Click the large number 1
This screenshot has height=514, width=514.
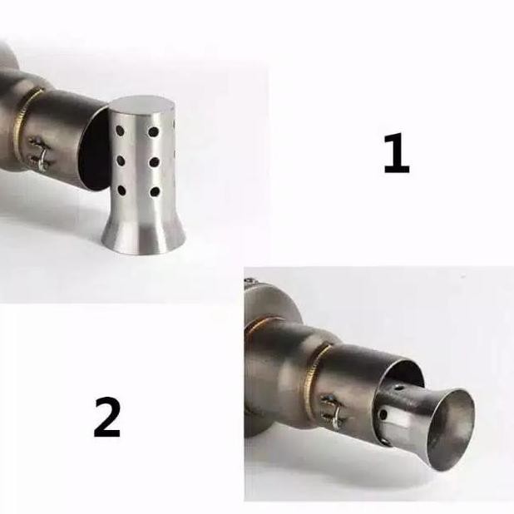click(x=396, y=155)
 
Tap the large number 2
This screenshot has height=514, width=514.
click(x=107, y=418)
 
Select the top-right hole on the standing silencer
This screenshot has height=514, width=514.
click(x=154, y=131)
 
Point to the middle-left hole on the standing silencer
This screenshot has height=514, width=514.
click(x=121, y=161)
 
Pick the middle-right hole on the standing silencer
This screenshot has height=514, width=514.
click(x=154, y=161)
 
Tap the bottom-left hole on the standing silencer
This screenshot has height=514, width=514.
click(x=121, y=191)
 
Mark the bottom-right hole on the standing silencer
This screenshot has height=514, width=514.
click(x=155, y=192)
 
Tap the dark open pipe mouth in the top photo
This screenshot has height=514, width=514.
click(x=95, y=154)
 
